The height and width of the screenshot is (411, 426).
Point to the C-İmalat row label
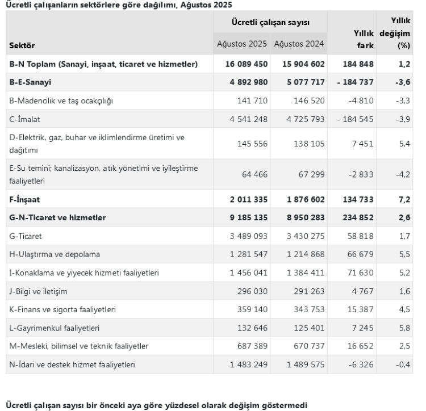(x=26, y=119)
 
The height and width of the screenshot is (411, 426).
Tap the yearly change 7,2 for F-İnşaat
(x=404, y=199)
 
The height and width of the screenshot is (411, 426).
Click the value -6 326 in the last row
(x=361, y=364)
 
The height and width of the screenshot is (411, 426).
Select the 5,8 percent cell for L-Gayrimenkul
(x=404, y=328)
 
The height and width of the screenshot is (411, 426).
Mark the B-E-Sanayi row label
(x=31, y=83)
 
